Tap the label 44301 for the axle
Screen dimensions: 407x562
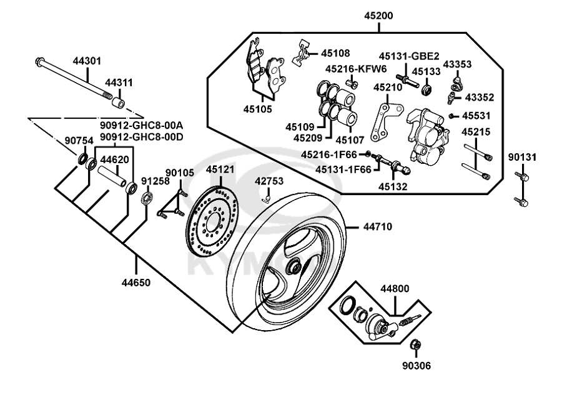[87, 61]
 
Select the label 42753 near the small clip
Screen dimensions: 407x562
[269, 181]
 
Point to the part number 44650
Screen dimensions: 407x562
[136, 283]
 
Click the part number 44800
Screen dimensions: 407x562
[395, 289]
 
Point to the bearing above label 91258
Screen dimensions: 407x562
[147, 199]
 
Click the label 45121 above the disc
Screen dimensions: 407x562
[220, 169]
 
